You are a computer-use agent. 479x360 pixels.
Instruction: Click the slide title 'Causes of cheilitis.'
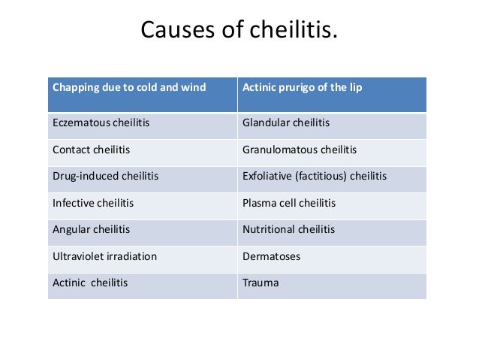coord(239,32)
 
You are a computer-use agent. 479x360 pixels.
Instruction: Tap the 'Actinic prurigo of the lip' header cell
coord(302,88)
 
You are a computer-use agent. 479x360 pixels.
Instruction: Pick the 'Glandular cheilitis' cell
coord(286,123)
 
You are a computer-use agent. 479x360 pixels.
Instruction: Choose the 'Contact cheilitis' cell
coord(91,150)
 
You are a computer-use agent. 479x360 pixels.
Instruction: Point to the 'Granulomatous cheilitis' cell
coord(300,150)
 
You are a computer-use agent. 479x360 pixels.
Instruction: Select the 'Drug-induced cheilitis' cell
coord(105,177)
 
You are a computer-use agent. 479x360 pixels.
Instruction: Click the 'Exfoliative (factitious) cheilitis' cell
coord(315,177)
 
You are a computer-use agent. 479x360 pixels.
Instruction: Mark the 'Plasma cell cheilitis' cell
coord(289,203)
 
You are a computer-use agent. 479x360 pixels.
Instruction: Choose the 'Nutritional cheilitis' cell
coord(289,229)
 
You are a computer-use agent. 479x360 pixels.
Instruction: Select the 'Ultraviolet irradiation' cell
coord(104,256)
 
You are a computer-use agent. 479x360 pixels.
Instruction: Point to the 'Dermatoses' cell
coord(271,256)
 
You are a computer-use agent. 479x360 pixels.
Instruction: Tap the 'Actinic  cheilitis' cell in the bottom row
coord(90,283)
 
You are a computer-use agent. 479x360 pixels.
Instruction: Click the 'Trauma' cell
coord(261,283)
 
